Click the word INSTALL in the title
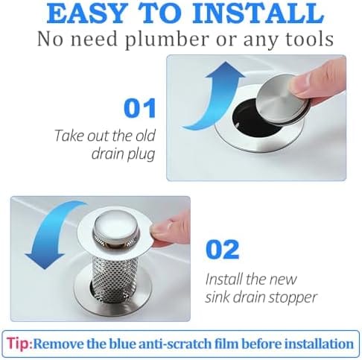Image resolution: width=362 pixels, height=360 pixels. (x=258, y=13)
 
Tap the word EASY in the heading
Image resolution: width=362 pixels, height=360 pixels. (x=86, y=13)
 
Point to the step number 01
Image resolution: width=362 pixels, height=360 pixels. (x=140, y=108)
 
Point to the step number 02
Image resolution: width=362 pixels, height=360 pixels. (x=223, y=250)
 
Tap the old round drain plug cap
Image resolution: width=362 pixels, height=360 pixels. (x=282, y=101)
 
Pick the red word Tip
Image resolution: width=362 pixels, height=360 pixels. (x=19, y=344)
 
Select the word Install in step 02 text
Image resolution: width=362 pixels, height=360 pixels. (x=224, y=280)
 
